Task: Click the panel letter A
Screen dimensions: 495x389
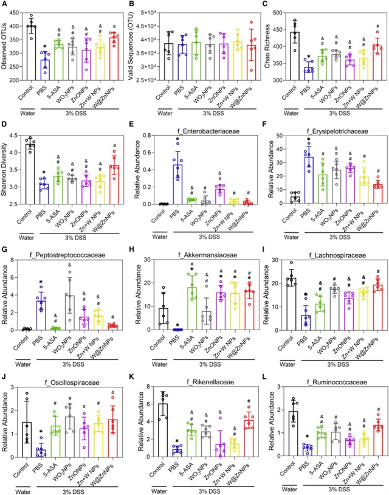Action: pos(5,5)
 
